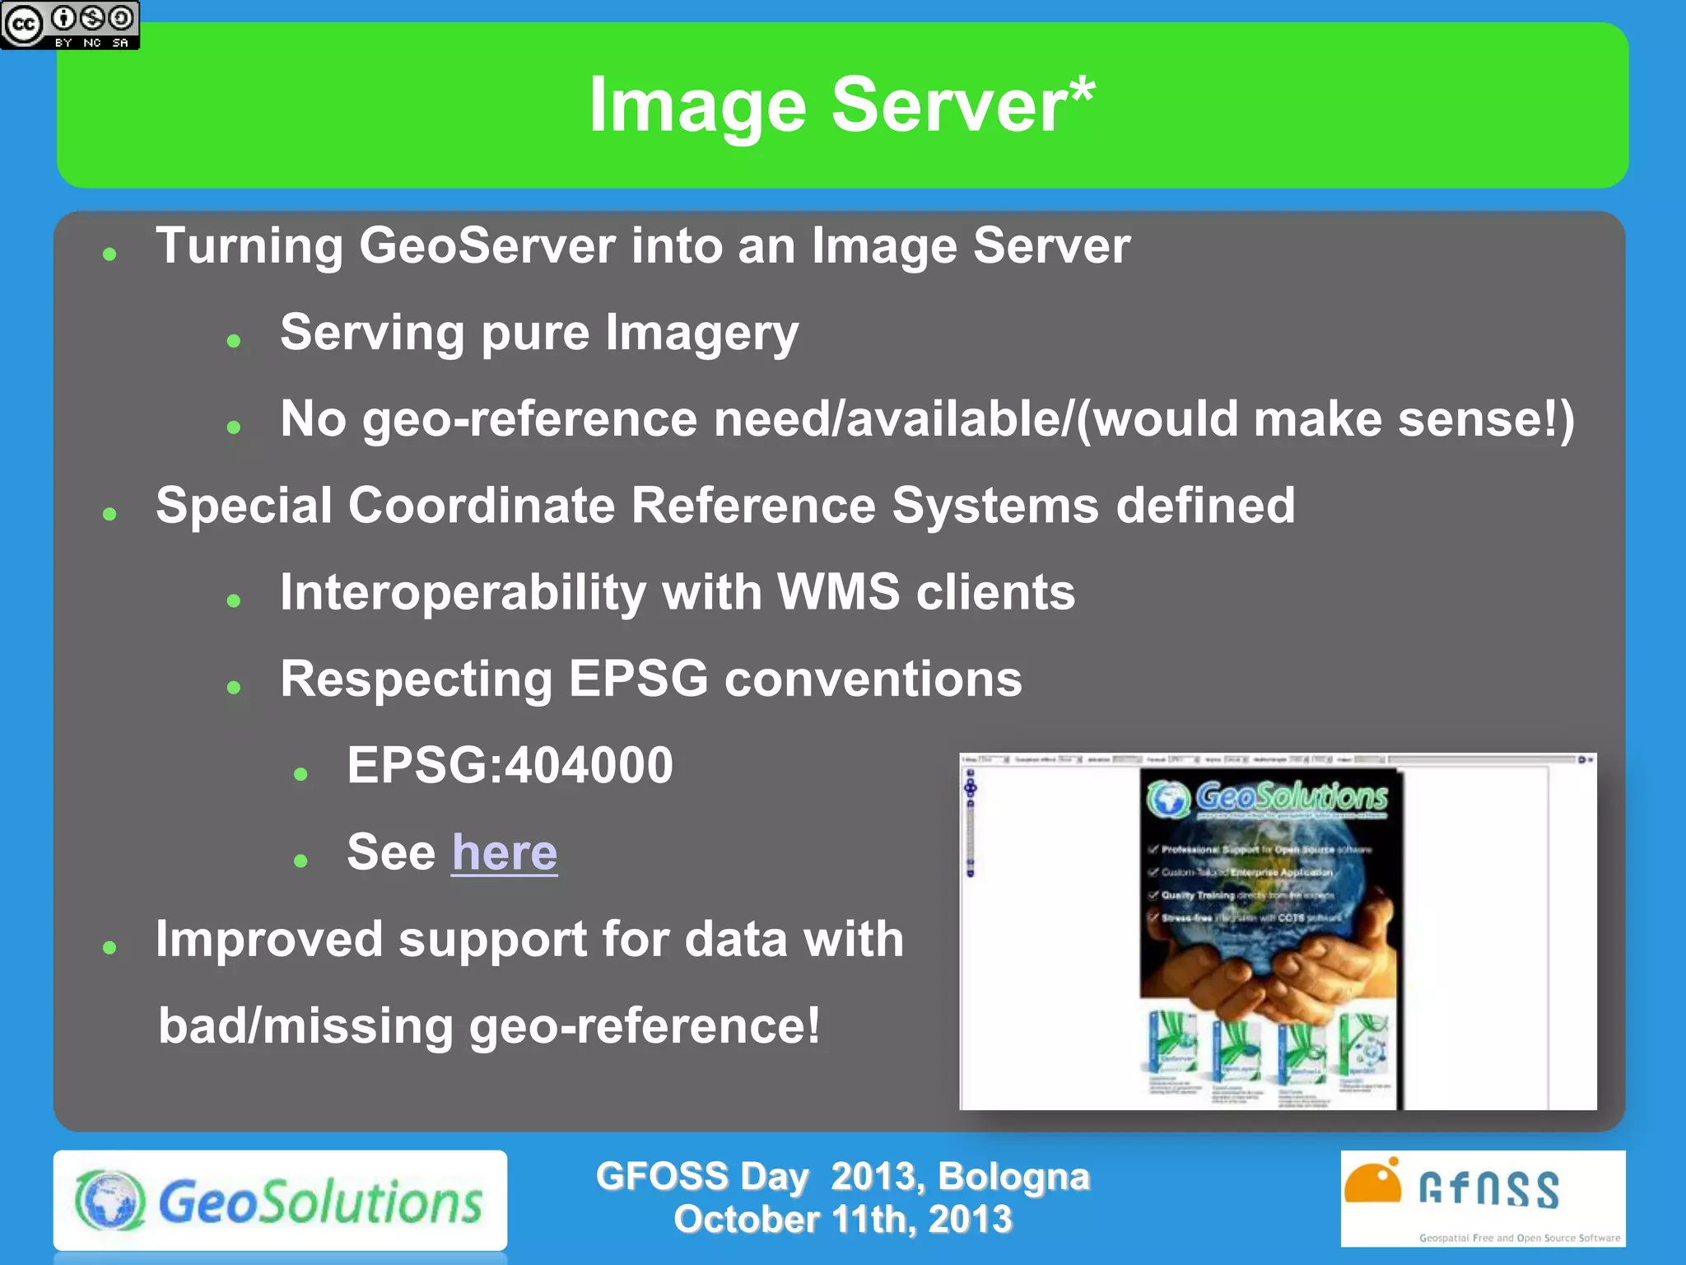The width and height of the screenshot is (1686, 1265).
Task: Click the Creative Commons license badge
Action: (70, 25)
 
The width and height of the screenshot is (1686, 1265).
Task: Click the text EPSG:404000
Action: (510, 765)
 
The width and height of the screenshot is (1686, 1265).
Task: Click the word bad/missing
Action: (305, 1026)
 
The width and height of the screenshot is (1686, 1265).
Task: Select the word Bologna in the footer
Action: (1013, 1176)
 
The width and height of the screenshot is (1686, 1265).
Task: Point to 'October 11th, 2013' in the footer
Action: (842, 1220)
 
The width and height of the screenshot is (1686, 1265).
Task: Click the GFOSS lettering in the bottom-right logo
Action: (1488, 1190)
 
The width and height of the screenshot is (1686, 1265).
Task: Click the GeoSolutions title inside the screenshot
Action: (1290, 797)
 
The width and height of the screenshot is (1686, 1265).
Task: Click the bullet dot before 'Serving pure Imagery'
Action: (234, 340)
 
